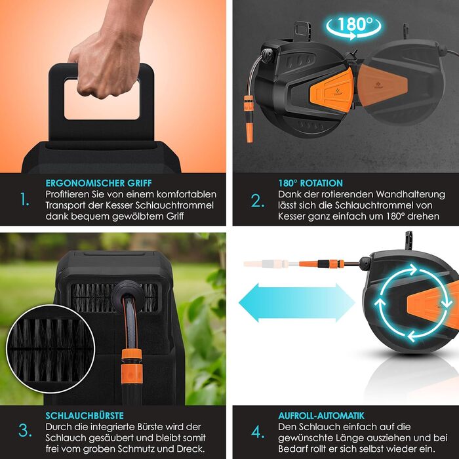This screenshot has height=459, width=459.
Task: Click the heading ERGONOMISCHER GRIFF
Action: [x=98, y=183]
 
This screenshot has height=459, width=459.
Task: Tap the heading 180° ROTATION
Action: [x=310, y=183]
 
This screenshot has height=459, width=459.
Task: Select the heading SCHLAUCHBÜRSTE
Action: [x=85, y=416]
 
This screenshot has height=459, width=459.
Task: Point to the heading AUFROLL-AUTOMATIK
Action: [x=321, y=416]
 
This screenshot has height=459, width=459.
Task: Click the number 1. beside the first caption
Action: [x=25, y=199]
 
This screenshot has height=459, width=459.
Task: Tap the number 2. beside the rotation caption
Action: [x=258, y=201]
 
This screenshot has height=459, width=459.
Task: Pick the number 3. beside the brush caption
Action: [x=25, y=431]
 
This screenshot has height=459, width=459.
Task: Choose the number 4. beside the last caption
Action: [x=258, y=432]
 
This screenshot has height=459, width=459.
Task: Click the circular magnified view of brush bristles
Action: [x=50, y=349]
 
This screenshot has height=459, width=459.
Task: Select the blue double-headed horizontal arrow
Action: [x=297, y=303]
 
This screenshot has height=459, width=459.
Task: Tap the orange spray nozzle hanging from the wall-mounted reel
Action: [x=249, y=119]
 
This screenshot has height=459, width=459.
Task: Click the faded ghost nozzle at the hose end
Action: [x=265, y=264]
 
